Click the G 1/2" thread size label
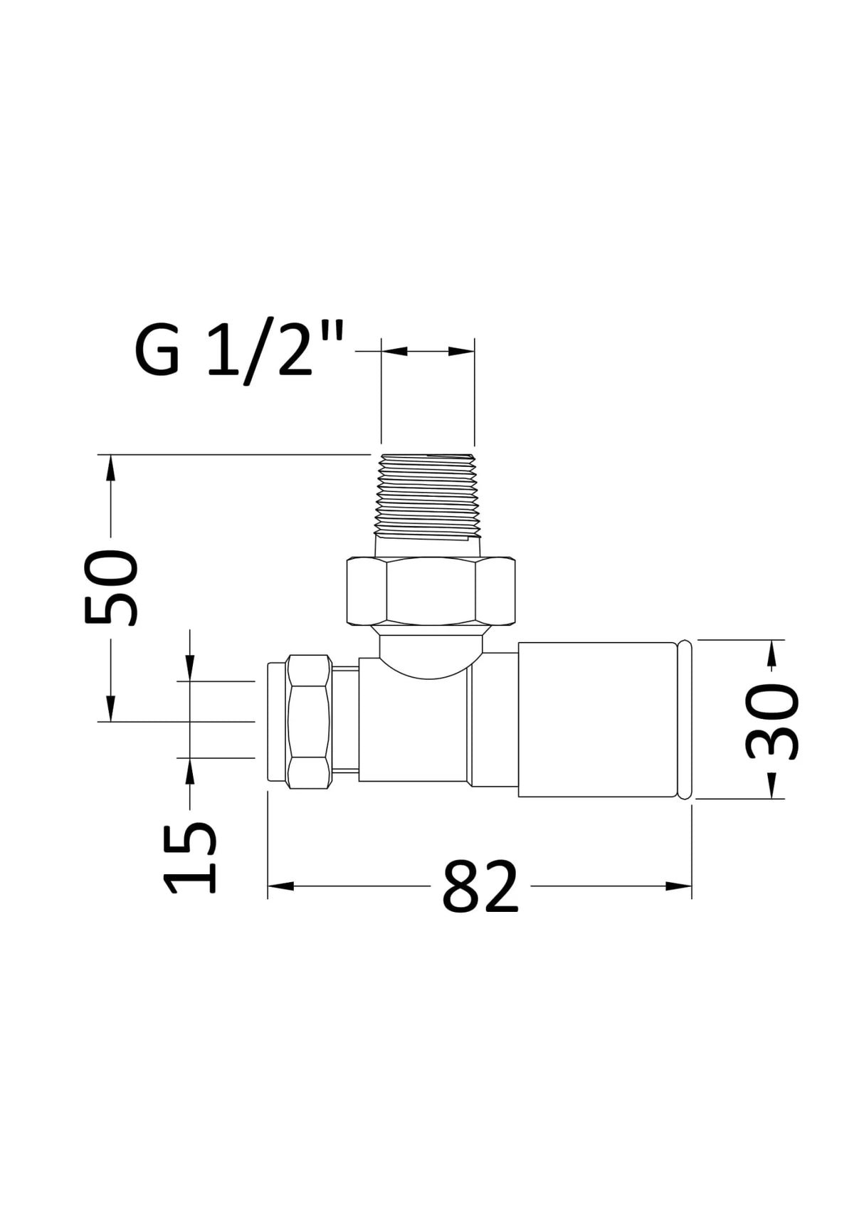(x=239, y=352)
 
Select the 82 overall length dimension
(x=480, y=887)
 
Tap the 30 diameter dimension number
(x=773, y=721)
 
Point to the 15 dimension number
(x=190, y=858)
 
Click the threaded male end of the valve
(x=427, y=495)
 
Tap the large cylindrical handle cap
(x=596, y=720)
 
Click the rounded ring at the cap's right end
(x=684, y=720)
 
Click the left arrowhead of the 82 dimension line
(x=280, y=886)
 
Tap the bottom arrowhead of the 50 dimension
(x=110, y=709)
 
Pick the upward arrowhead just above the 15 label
(x=189, y=771)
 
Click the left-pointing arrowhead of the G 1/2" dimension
(x=394, y=351)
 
